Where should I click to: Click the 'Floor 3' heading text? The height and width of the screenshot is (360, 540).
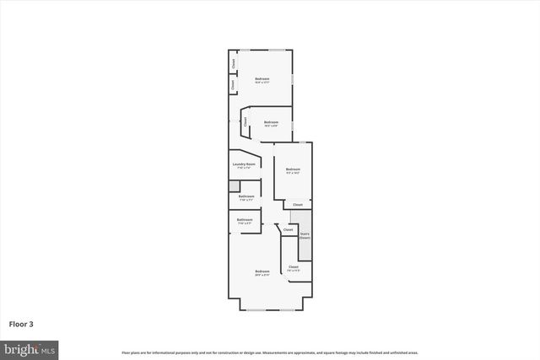pyautogui.click(x=21, y=323)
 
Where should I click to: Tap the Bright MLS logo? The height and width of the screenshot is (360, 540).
pyautogui.click(x=30, y=348)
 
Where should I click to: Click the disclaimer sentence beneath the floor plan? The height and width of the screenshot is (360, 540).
pyautogui.click(x=269, y=352)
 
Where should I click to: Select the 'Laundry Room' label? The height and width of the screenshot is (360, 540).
pyautogui.click(x=244, y=166)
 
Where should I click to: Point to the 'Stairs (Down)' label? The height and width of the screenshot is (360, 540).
pyautogui.click(x=305, y=236)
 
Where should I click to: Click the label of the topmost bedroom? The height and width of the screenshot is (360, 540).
pyautogui.click(x=262, y=81)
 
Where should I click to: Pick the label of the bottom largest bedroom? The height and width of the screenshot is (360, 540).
pyautogui.click(x=262, y=272)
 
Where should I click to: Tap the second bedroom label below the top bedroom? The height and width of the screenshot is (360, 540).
pyautogui.click(x=271, y=124)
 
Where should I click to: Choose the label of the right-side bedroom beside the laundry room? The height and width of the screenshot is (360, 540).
pyautogui.click(x=293, y=171)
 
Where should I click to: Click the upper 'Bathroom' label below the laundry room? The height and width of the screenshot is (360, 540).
pyautogui.click(x=246, y=198)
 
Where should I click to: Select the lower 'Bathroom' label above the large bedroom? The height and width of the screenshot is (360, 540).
pyautogui.click(x=245, y=221)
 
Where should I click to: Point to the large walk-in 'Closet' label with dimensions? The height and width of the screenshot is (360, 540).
pyautogui.click(x=294, y=268)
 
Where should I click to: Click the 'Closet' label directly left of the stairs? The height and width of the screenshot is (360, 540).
pyautogui.click(x=288, y=229)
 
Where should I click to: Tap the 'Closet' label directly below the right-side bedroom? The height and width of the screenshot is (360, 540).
pyautogui.click(x=298, y=205)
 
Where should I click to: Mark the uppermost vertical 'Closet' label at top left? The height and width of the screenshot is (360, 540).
pyautogui.click(x=234, y=63)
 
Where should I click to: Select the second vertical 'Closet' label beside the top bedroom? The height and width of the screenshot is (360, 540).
pyautogui.click(x=234, y=84)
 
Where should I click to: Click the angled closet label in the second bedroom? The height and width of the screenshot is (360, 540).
pyautogui.click(x=246, y=121)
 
